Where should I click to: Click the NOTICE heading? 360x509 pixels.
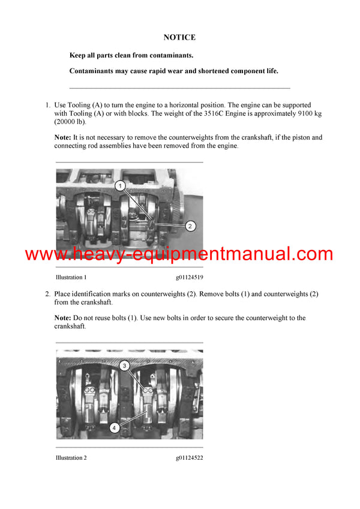179,37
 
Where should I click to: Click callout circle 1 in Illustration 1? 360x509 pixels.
121,186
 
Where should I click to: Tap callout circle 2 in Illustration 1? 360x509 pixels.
190,226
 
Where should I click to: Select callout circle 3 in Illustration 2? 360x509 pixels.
124,365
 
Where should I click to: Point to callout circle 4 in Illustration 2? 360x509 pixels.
114,427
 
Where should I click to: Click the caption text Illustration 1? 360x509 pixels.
71,278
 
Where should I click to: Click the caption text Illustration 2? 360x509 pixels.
71,458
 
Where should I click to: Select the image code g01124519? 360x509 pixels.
189,278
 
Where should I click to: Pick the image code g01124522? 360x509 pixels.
189,458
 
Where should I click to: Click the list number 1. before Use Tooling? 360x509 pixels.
47,105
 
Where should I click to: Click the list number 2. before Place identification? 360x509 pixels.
47,294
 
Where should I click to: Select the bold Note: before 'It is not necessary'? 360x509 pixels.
63,138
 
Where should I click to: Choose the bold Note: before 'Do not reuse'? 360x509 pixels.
63,318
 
